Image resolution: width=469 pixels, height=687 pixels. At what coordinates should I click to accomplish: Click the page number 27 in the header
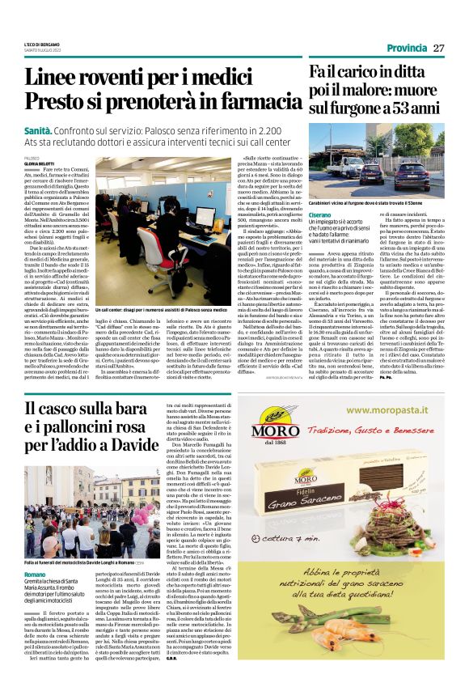point(439,48)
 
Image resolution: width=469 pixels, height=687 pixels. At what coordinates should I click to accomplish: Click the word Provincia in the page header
point(406,48)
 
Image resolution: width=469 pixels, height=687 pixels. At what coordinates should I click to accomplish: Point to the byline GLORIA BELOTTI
point(40,163)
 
